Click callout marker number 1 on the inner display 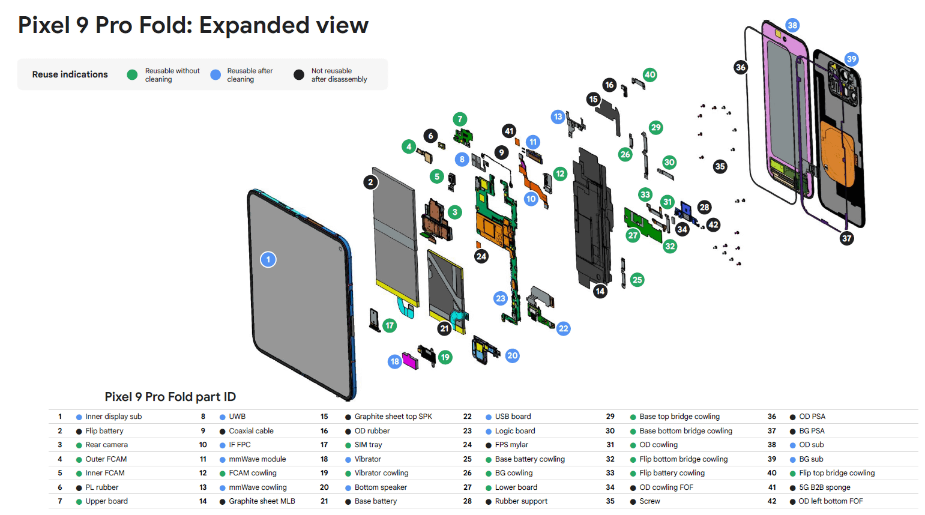[268, 259]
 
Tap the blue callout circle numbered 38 [792, 25]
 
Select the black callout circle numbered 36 [741, 67]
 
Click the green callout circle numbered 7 [460, 119]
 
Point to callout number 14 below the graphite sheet [600, 291]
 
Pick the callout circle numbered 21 [444, 328]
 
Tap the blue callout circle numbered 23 [501, 298]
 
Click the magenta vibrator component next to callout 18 [410, 360]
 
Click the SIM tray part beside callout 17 [374, 319]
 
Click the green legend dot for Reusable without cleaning [132, 74]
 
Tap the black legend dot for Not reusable [298, 74]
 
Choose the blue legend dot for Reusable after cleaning [215, 74]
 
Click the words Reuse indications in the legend [70, 74]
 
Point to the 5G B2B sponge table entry [824, 487]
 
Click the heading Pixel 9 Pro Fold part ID [170, 397]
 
